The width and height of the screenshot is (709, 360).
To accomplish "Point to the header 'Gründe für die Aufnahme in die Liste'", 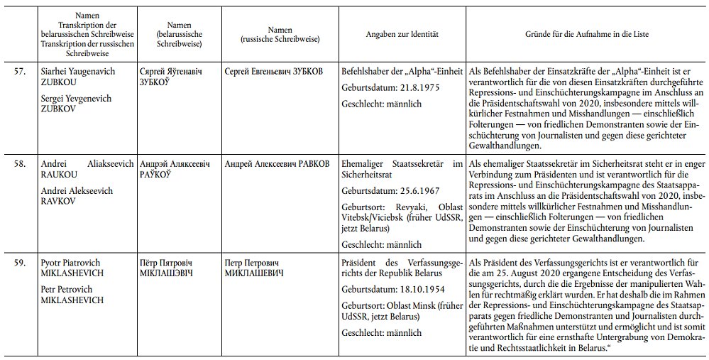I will (x=587, y=34).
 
